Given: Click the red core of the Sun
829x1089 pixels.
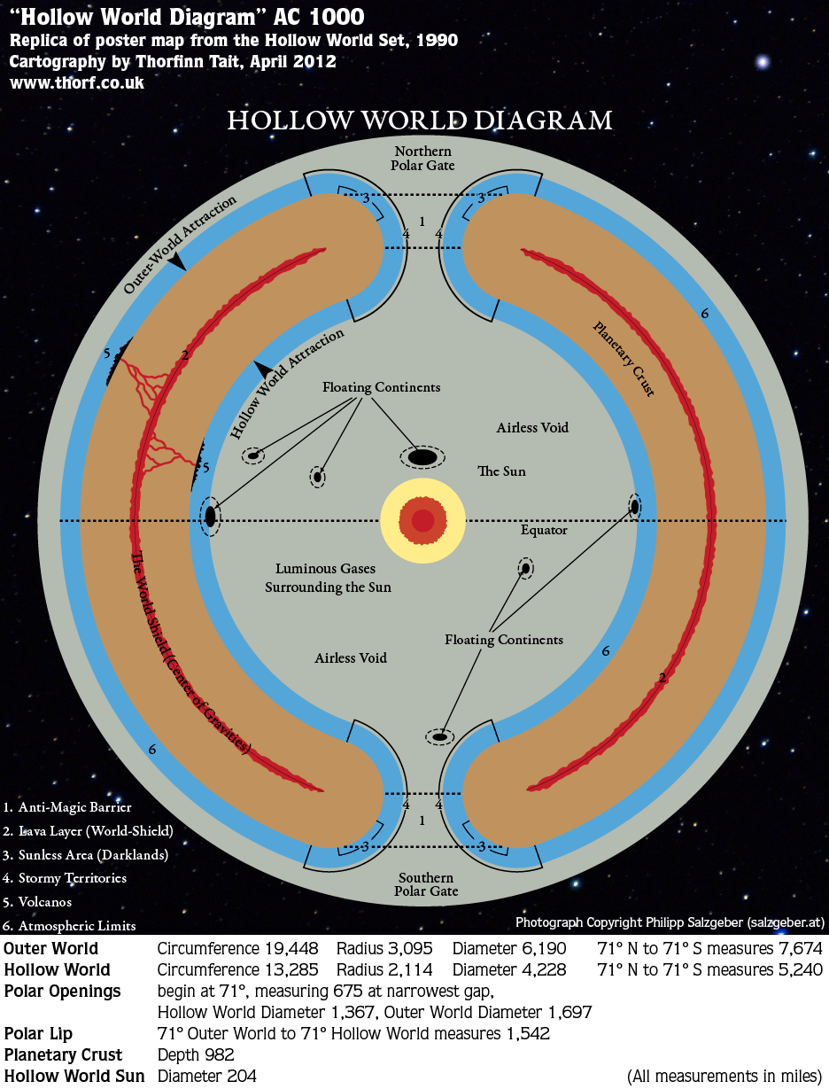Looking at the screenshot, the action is pos(422,521).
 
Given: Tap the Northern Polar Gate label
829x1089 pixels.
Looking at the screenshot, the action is pos(422,158).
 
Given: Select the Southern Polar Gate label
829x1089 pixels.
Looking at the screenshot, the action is pos(426,884).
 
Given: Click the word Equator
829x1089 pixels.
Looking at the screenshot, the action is pos(544,531).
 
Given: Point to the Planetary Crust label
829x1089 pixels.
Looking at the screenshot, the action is pos(624,358).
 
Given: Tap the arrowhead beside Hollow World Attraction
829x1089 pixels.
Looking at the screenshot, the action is pos(263,369).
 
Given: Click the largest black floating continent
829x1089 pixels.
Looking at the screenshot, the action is pos(422,457).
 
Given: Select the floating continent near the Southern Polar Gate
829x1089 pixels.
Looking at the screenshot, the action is pos(440,736).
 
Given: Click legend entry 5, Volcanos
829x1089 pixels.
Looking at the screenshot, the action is pos(37,901).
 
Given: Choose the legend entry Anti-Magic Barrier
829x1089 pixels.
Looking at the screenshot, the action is pos(67,807).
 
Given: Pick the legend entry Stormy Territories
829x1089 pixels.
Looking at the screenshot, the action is pos(65,877).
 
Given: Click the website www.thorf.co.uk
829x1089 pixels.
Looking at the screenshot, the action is pos(77,82).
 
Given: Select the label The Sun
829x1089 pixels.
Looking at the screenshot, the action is pos(501,471).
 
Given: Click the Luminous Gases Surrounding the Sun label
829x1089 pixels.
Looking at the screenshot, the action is pos(328,578).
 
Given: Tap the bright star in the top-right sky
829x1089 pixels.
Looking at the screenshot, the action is pos(762,62).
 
